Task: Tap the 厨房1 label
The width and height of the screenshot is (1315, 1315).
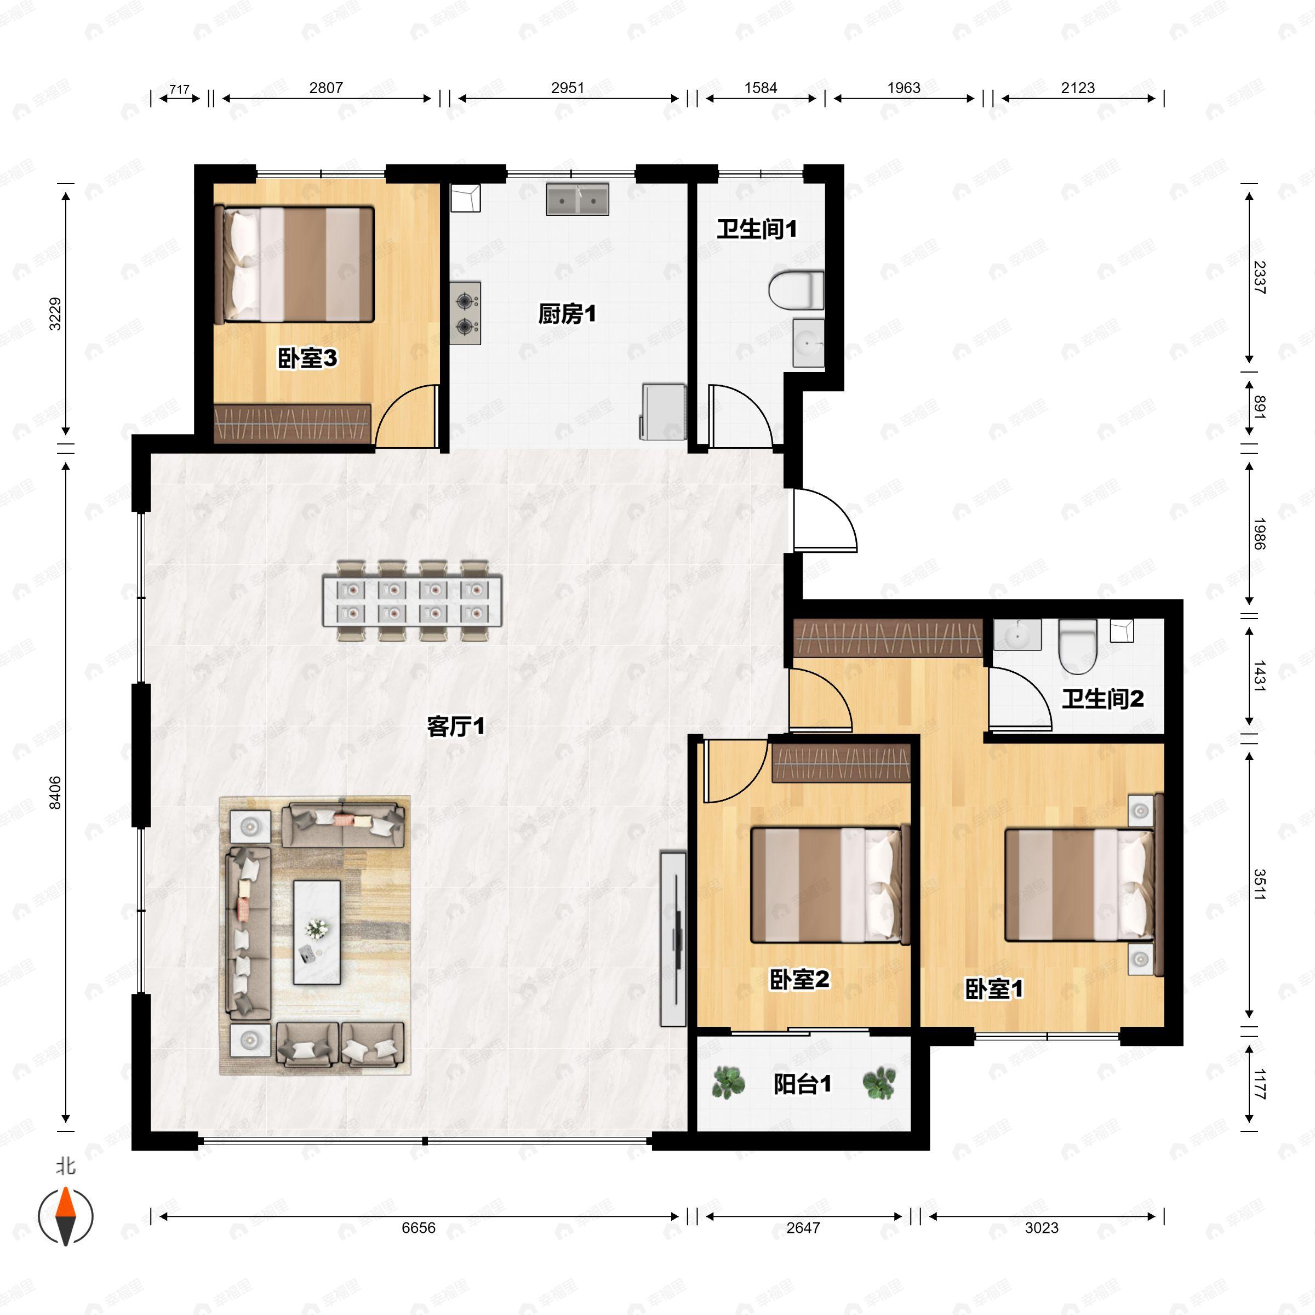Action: pyautogui.click(x=567, y=315)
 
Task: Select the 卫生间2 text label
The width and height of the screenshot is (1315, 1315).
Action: pyautogui.click(x=1102, y=699)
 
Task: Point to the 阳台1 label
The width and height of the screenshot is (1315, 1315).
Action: pyautogui.click(x=803, y=1084)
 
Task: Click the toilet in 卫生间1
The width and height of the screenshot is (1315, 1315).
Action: pyautogui.click(x=796, y=290)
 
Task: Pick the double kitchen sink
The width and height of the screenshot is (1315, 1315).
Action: pyautogui.click(x=577, y=199)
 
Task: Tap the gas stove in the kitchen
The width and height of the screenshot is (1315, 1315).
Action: pyautogui.click(x=465, y=313)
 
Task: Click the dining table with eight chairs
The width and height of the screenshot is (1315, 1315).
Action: pyautogui.click(x=413, y=601)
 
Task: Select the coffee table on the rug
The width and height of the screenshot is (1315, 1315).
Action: pyautogui.click(x=317, y=932)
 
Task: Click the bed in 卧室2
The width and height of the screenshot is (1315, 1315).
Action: pyautogui.click(x=829, y=885)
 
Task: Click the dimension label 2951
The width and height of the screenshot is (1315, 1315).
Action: pyautogui.click(x=567, y=88)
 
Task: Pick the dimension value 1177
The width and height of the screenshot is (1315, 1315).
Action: pyautogui.click(x=1259, y=1084)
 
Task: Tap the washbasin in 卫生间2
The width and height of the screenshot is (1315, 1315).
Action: pyautogui.click(x=1017, y=636)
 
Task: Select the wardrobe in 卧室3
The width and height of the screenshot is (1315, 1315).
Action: pyautogui.click(x=292, y=424)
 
